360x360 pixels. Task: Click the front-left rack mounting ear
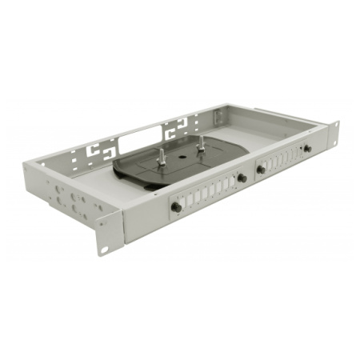point(107,231)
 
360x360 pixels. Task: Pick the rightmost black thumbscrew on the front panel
point(306,149)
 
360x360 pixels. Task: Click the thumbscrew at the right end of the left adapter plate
point(241,178)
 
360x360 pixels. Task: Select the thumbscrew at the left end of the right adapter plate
point(261,169)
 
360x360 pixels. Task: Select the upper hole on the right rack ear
point(335,128)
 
